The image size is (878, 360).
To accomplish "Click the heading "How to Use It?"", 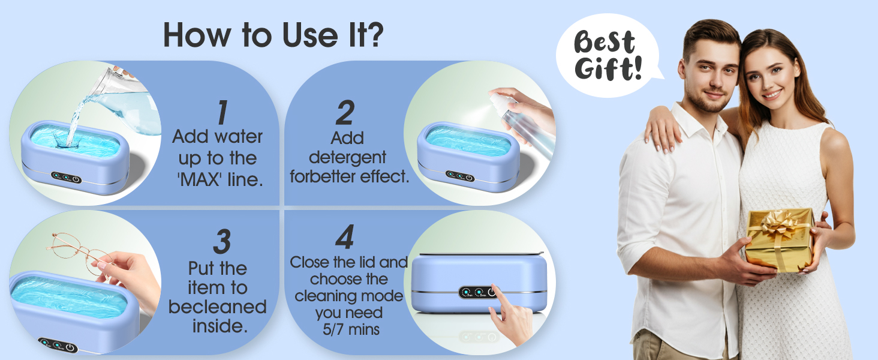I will [x=273, y=36].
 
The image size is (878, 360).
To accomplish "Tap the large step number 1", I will [x=222, y=113].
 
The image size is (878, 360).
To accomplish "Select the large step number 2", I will [x=345, y=113].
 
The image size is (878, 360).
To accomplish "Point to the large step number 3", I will [x=221, y=242].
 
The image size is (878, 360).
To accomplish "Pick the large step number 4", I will [x=344, y=238].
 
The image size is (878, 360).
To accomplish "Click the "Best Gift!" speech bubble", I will [x=606, y=55].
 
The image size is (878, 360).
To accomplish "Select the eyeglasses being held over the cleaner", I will [x=75, y=249].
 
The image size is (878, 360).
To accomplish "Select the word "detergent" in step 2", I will [x=347, y=158].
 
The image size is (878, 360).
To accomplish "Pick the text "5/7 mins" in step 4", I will [x=347, y=329].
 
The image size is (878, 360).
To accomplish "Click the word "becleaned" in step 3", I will [x=217, y=307].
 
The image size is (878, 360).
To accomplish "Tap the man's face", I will [x=711, y=75].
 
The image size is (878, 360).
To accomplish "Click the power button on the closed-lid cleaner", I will [x=492, y=292].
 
